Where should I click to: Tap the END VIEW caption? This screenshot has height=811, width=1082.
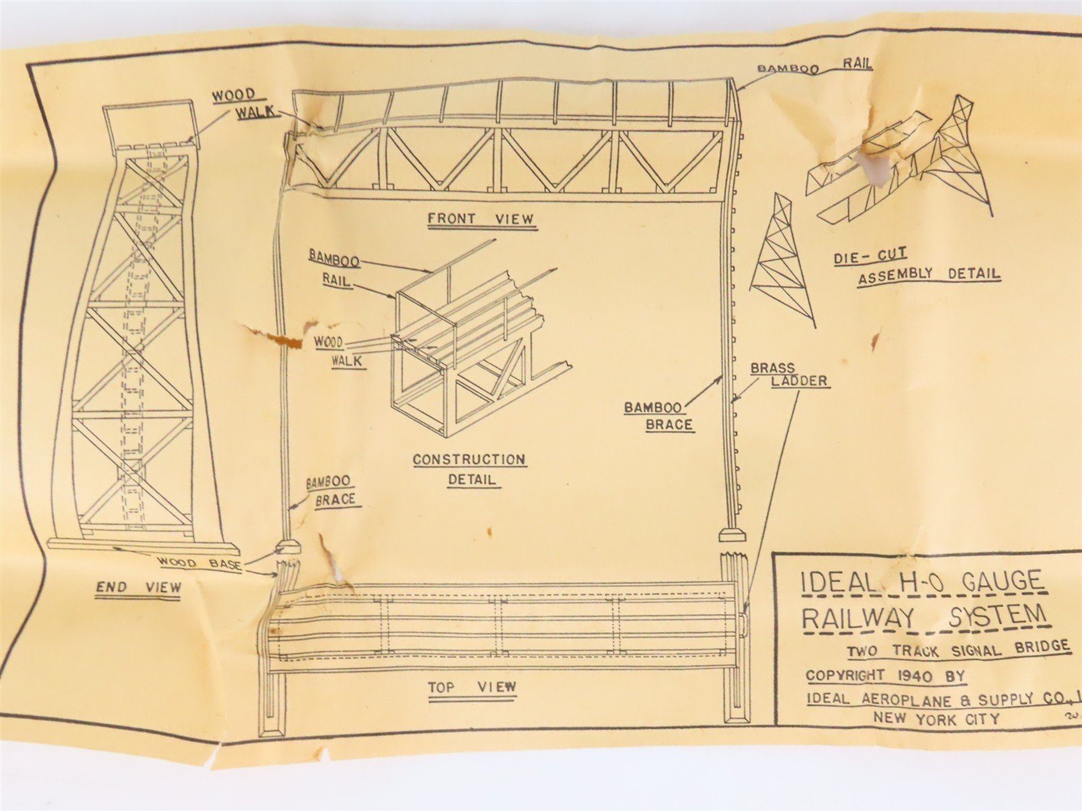[138, 587]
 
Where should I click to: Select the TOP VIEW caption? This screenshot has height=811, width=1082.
[472, 688]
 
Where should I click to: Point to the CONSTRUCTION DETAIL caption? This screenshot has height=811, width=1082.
[470, 469]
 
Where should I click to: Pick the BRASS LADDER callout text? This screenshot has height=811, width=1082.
[789, 375]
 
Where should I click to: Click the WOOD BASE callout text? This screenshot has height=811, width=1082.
[199, 562]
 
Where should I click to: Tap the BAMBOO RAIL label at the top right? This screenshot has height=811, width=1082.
[814, 66]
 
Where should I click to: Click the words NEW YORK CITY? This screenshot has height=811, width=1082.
[936, 718]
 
